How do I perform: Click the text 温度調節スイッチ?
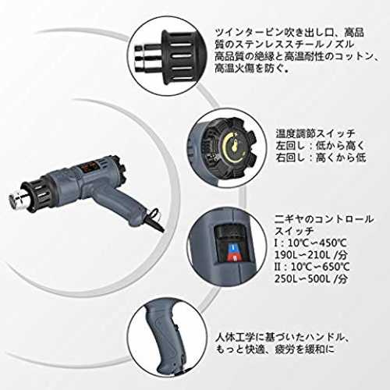315,133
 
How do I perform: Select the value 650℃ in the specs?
335,267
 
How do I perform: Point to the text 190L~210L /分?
310,255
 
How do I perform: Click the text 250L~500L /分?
311,278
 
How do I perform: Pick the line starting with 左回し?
321,146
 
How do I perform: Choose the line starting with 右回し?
321,158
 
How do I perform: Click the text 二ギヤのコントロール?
324,219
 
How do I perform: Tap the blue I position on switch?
235,247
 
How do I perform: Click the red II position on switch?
234,257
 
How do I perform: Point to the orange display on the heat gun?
87,166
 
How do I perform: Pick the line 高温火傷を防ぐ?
251,69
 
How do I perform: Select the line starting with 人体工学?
282,338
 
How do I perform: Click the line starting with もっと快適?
275,349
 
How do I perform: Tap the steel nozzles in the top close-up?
147,58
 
